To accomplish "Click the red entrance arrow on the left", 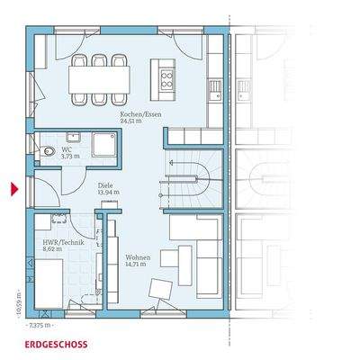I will click(13, 189).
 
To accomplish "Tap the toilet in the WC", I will click(48, 151).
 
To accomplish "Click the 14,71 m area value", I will click(138, 265).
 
